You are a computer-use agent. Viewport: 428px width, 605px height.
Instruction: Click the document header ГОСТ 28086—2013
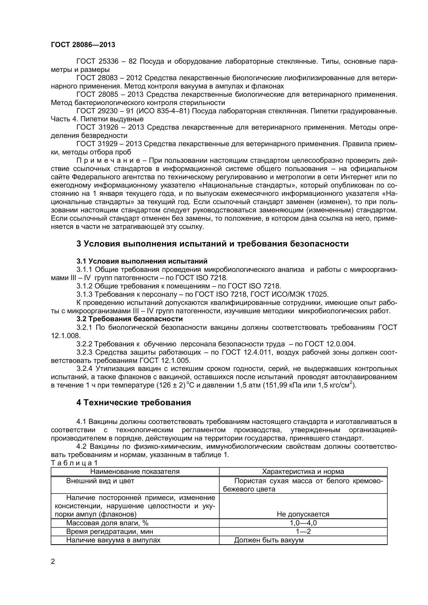pyautogui.click(x=83, y=45)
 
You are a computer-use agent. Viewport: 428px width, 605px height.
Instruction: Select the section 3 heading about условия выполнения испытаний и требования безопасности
pyautogui.click(x=212, y=244)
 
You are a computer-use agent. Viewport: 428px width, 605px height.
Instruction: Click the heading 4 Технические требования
pyautogui.click(x=133, y=403)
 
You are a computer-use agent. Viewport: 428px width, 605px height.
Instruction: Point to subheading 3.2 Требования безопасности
pyautogui.click(x=129, y=319)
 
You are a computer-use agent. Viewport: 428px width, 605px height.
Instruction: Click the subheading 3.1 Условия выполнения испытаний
pyautogui.click(x=142, y=261)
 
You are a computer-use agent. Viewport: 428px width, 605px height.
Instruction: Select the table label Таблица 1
pyautogui.click(x=74, y=463)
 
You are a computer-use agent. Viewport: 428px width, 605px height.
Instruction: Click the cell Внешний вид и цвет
pyautogui.click(x=100, y=481)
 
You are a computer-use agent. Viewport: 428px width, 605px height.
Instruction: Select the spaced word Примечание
pyautogui.click(x=108, y=160)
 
